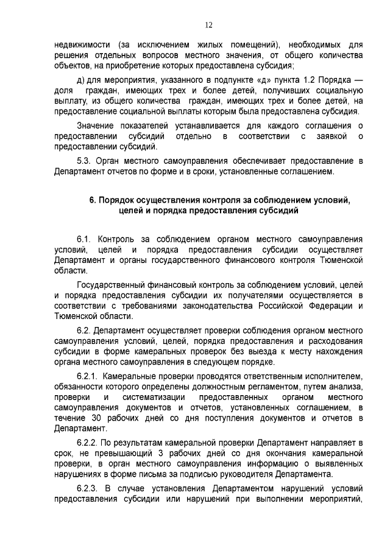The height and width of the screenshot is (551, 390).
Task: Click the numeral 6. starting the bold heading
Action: point(93,200)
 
